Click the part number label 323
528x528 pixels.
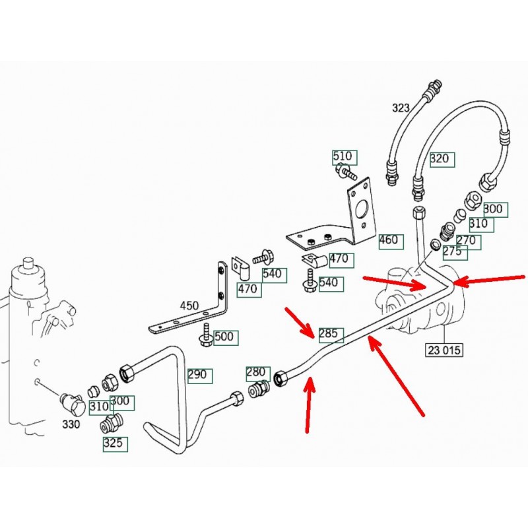(401, 108)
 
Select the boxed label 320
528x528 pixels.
(439, 158)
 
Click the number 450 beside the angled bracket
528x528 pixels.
(189, 306)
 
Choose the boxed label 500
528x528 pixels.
(224, 337)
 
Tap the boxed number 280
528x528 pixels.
(256, 373)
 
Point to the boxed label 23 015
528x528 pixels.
(445, 350)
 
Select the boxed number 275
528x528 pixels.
(453, 251)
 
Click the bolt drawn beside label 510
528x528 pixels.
(345, 173)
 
